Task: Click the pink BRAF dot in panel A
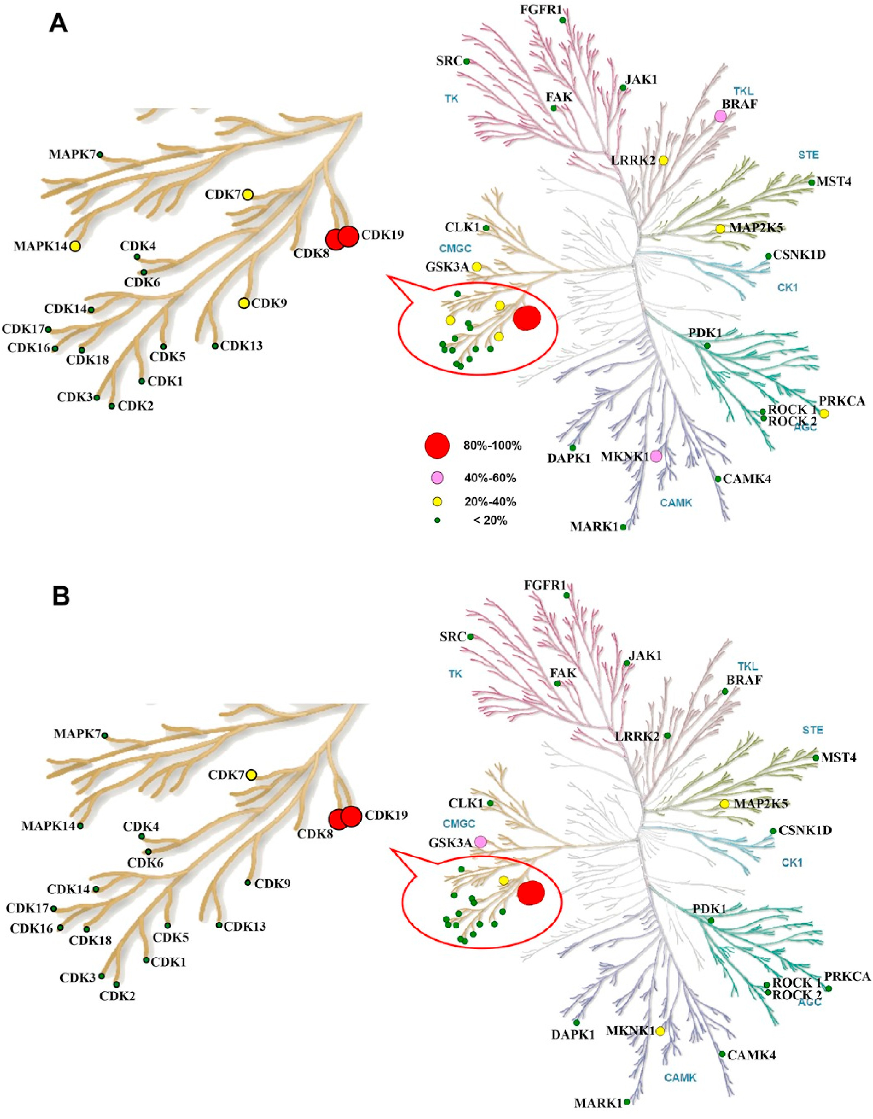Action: tap(720, 116)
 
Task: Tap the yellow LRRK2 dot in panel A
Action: tap(664, 161)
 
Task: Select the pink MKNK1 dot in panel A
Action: tap(656, 456)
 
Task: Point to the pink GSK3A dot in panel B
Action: tap(480, 841)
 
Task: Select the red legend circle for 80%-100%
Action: tap(437, 445)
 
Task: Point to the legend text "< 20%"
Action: tap(490, 521)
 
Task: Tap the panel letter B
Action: tap(61, 597)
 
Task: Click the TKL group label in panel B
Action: tap(747, 667)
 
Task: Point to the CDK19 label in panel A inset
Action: tap(382, 235)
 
